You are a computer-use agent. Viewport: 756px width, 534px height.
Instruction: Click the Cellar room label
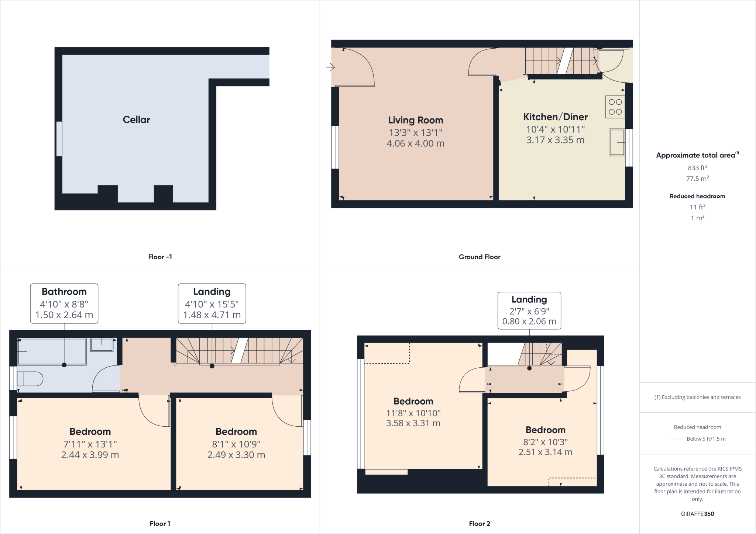click(136, 119)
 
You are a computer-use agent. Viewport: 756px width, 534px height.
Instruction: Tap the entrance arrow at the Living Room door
click(330, 67)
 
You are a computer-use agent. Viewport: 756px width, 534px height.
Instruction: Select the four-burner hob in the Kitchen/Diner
click(615, 107)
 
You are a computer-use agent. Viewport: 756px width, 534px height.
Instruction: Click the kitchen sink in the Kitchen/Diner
click(616, 142)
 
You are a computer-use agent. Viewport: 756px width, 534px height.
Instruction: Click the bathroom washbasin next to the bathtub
click(102, 345)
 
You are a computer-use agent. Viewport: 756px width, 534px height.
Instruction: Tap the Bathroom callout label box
click(64, 303)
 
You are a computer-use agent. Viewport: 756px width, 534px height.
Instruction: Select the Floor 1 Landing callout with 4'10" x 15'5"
click(212, 303)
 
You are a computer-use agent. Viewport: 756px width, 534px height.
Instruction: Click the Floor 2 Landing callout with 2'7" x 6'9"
click(529, 310)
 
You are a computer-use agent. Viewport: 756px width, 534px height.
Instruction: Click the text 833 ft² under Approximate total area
click(697, 168)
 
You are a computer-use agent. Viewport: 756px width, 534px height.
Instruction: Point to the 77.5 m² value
click(697, 179)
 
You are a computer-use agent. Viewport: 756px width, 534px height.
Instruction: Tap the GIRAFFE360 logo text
click(697, 514)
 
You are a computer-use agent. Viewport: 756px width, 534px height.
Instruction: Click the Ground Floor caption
click(479, 257)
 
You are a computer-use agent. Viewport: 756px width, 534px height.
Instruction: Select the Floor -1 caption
click(160, 257)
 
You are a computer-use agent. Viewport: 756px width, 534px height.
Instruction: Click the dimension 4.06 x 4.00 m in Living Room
click(415, 143)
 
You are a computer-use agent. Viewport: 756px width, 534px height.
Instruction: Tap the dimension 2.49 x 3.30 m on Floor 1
click(236, 455)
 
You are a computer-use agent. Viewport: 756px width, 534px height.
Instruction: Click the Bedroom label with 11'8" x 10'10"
click(413, 401)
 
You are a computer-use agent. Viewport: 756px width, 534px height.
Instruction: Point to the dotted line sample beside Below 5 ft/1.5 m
click(676, 439)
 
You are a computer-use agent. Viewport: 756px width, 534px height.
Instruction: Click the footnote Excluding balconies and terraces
click(697, 397)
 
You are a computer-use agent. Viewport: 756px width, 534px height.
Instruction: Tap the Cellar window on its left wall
click(59, 139)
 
